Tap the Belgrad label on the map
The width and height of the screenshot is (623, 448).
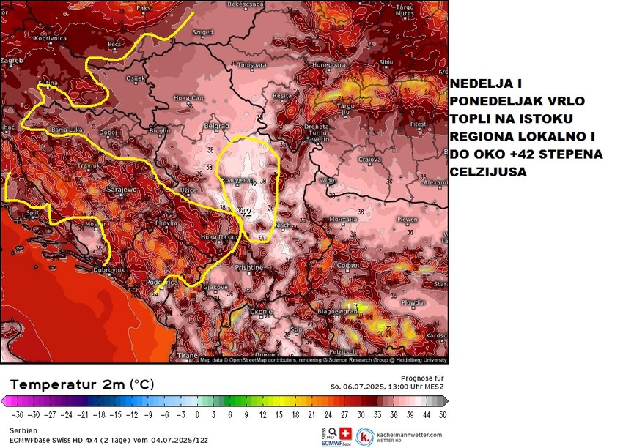click(216, 126)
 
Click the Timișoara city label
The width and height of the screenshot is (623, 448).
click(252, 65)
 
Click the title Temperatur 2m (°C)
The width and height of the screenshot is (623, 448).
click(81, 384)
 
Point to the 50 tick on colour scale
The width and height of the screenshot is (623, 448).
click(442, 414)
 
